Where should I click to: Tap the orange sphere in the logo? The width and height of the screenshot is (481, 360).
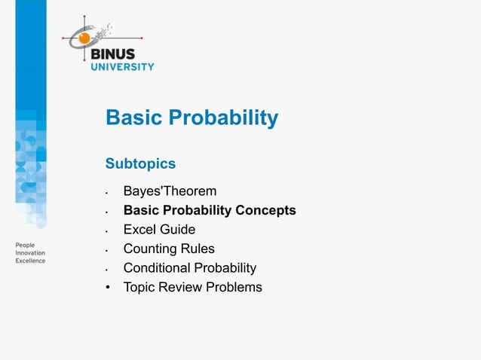[x=85, y=37]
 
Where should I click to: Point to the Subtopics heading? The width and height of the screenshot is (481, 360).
[x=140, y=163]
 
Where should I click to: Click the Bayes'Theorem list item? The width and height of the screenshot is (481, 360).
[x=170, y=191]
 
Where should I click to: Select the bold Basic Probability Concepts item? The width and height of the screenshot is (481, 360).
[x=209, y=210]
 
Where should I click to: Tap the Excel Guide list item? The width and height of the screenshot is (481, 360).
[x=159, y=230]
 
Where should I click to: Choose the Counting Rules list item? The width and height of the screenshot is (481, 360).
[x=169, y=249]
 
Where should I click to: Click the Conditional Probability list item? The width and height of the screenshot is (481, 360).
[x=189, y=268]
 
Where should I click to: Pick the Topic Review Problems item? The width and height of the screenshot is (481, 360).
[x=192, y=287]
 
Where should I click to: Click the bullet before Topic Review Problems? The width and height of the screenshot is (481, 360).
[x=109, y=288]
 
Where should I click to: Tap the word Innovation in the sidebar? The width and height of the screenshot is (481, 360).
[x=31, y=254]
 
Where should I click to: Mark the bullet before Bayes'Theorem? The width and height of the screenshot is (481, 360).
[x=109, y=193]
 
